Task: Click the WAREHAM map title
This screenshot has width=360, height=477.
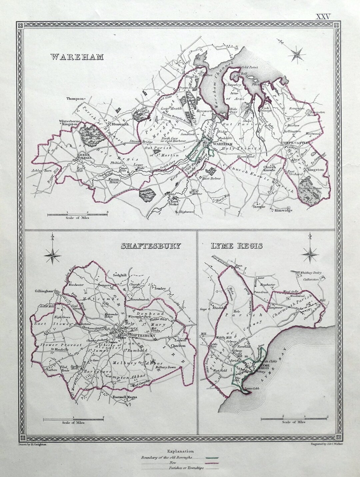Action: (77, 57)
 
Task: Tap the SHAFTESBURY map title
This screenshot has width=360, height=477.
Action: (151, 246)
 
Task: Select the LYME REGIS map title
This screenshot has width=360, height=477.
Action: (236, 246)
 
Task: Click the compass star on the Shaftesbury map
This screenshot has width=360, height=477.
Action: (53, 256)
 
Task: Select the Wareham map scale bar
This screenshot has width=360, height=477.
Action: (77, 215)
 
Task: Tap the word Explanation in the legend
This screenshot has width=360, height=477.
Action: (180, 451)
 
